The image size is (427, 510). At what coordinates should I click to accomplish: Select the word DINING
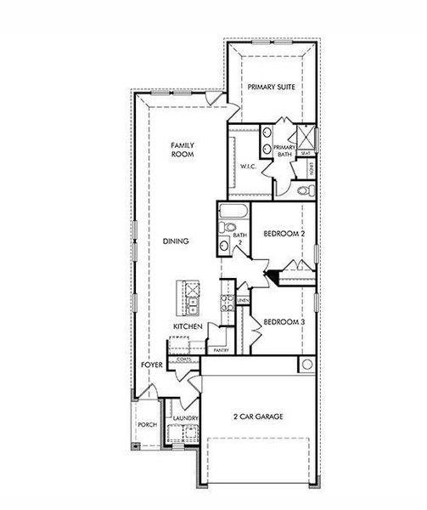[176, 241]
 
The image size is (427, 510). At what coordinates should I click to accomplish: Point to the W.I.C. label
[249, 166]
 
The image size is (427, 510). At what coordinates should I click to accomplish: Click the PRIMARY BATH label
[284, 151]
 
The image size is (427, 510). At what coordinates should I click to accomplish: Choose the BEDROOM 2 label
[284, 234]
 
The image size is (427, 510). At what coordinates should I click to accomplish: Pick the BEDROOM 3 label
[284, 322]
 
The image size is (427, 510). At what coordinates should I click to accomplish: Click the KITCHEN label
[188, 326]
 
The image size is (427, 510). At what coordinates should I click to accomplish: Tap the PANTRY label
[221, 349]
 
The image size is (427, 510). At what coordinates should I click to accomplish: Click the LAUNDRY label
[185, 418]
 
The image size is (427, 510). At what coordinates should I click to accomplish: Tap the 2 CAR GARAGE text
[258, 416]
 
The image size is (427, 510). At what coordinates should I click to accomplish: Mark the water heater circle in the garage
[306, 365]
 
